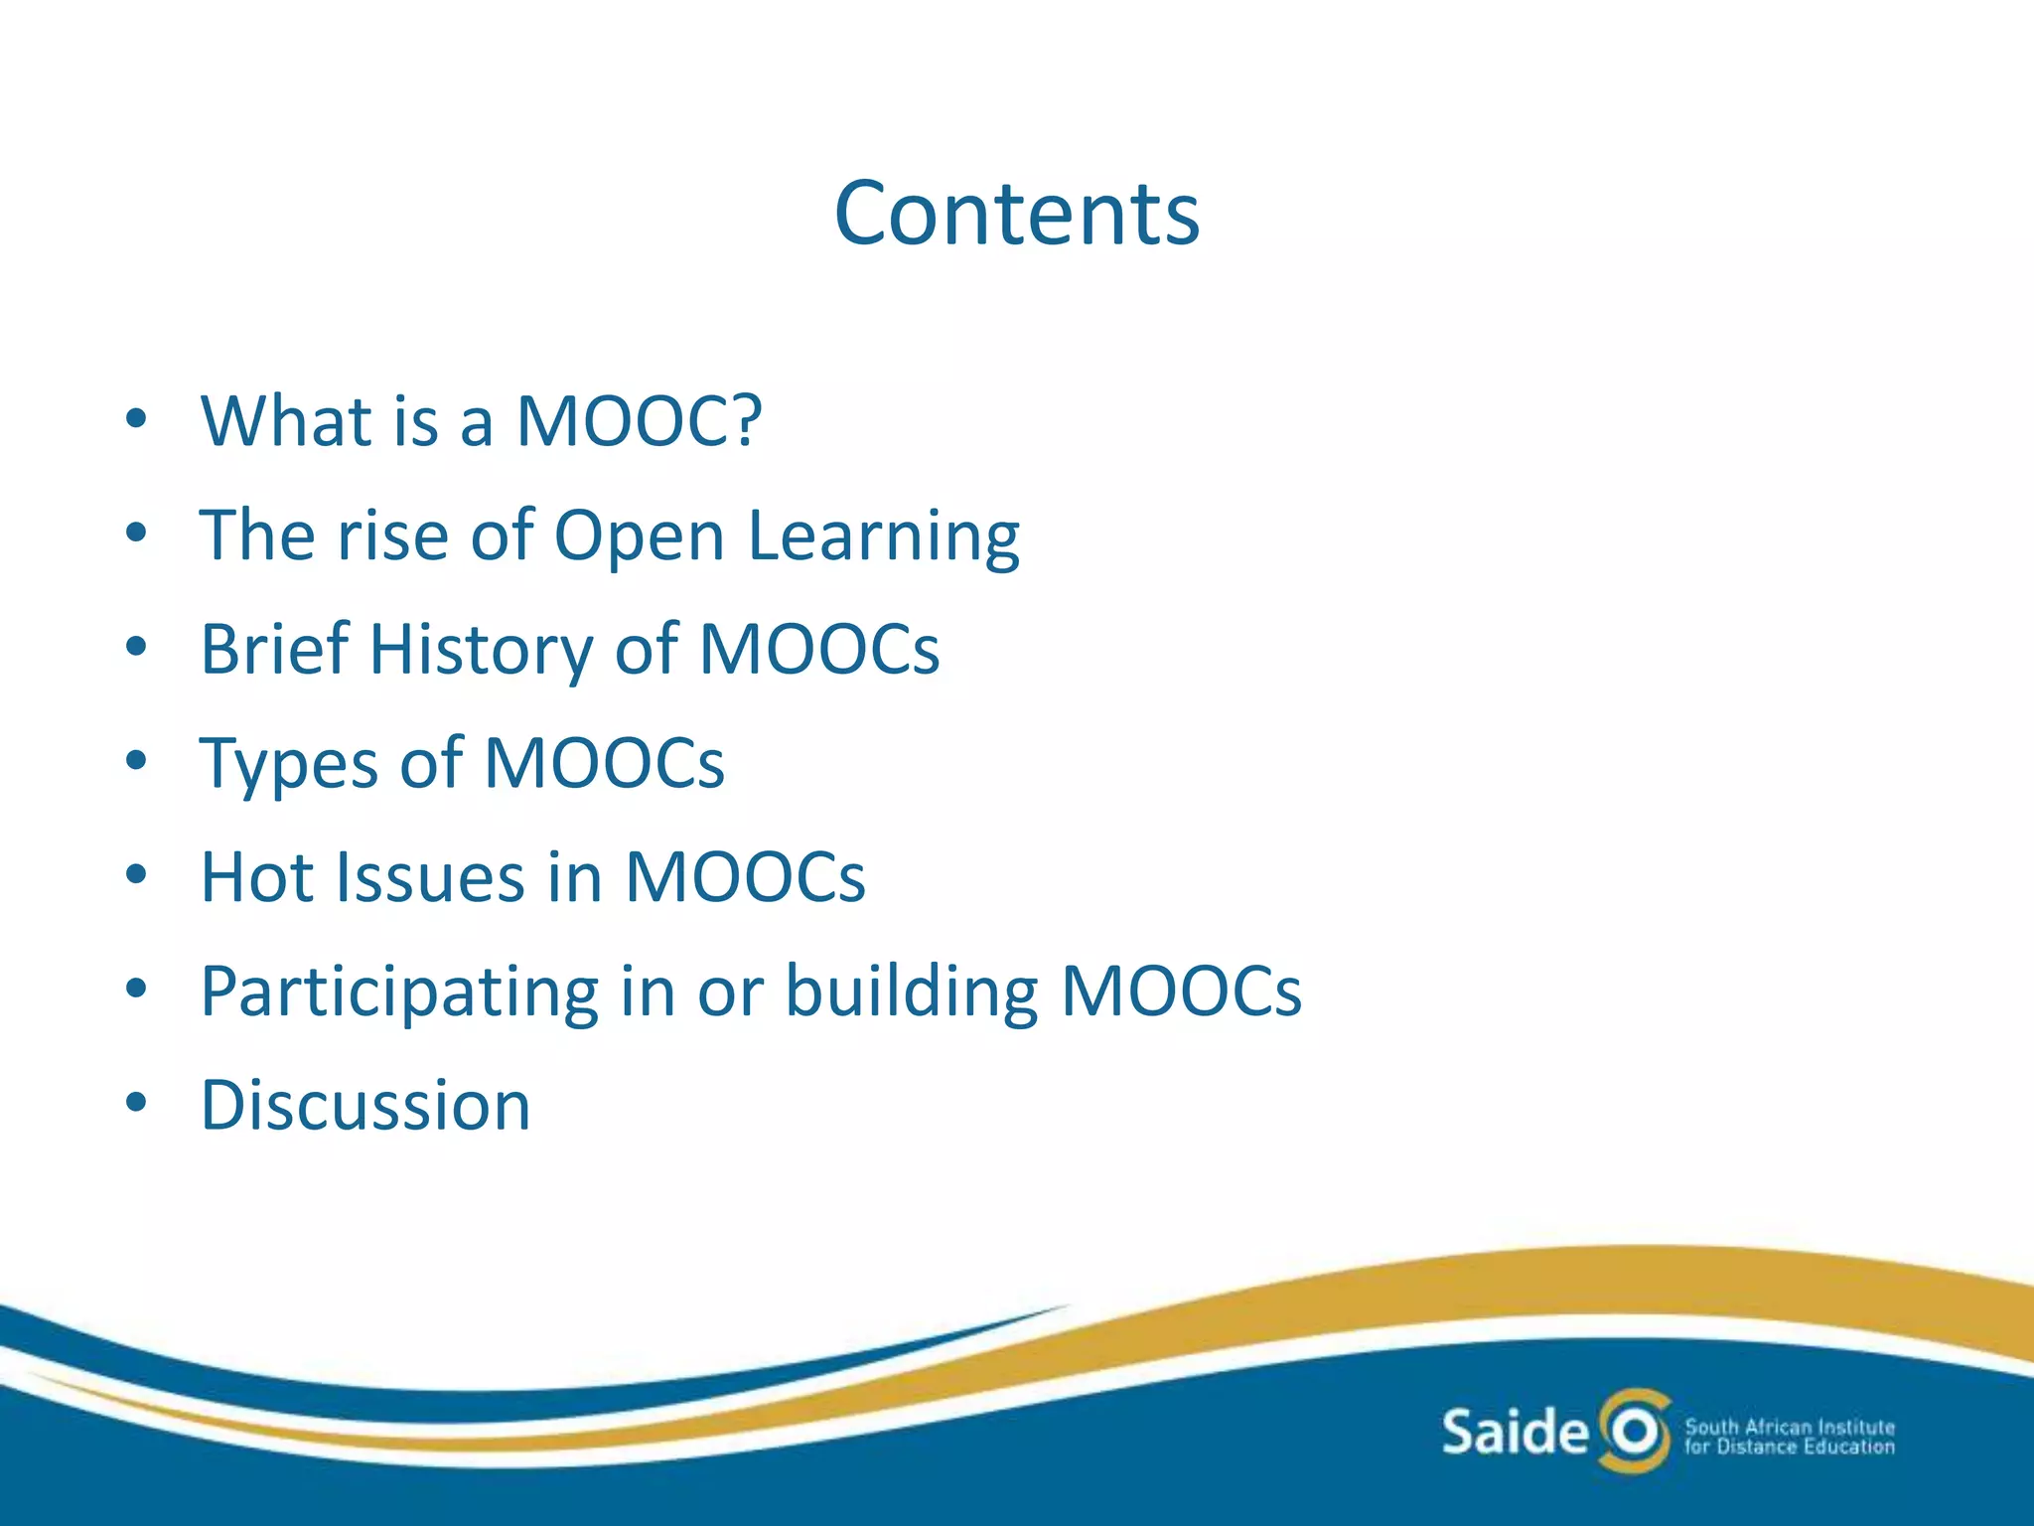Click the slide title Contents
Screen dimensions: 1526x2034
click(x=1017, y=214)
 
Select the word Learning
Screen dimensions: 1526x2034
click(x=883, y=537)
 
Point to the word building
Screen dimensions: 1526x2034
click(x=911, y=992)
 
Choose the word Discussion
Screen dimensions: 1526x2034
click(x=365, y=1106)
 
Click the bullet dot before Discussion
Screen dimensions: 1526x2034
click(x=137, y=1103)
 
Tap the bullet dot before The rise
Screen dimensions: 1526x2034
click(x=137, y=534)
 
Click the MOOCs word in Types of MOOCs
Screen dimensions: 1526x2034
click(x=604, y=764)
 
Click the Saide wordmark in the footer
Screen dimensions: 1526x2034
click(x=1515, y=1432)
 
